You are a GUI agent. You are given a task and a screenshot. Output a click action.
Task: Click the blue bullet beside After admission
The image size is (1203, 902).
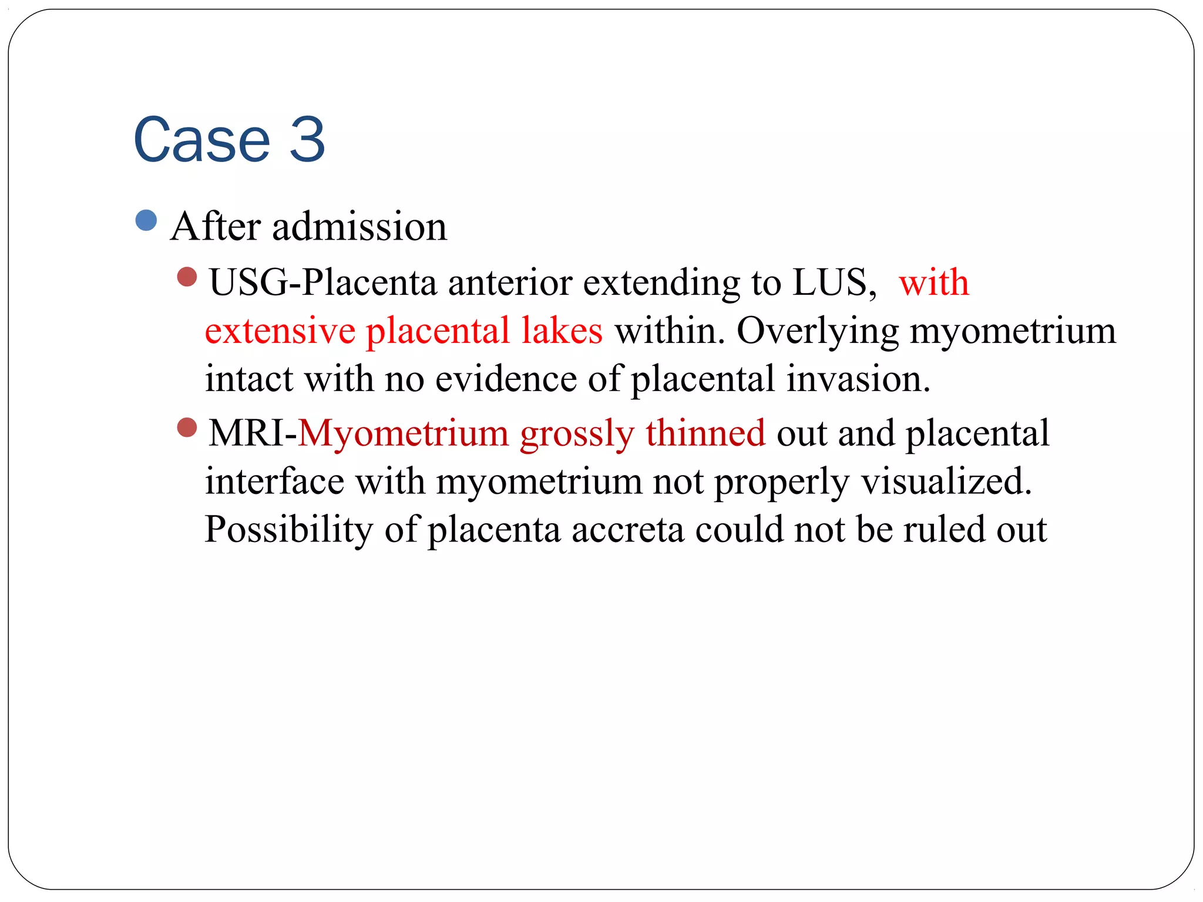(x=146, y=221)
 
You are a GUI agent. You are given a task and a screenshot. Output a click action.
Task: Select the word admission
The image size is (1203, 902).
(x=359, y=227)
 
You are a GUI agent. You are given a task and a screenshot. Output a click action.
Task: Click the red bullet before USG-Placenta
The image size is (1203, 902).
(x=187, y=277)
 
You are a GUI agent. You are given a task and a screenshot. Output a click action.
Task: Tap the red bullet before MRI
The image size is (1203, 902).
(x=187, y=428)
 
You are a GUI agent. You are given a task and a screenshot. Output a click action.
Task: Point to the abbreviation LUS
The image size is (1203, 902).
(x=829, y=282)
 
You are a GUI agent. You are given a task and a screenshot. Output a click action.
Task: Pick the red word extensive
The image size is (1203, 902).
(x=280, y=331)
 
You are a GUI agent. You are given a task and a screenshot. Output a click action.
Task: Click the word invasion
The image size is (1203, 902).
(x=858, y=379)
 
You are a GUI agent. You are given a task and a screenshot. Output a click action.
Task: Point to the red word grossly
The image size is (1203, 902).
(x=577, y=435)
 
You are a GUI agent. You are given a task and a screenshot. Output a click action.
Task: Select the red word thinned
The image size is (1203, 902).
(x=705, y=433)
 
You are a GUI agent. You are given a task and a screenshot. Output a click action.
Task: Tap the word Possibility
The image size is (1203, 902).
(x=288, y=530)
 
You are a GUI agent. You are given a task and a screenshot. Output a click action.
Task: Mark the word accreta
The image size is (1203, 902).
(x=628, y=530)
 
